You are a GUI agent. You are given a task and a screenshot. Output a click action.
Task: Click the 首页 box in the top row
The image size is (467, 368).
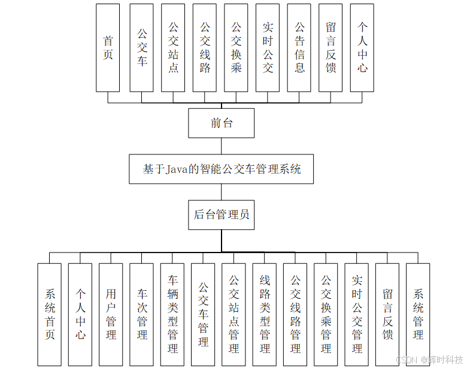pyautogui.click(x=108, y=48)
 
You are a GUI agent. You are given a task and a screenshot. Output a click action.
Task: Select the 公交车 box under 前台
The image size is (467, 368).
pyautogui.click(x=142, y=48)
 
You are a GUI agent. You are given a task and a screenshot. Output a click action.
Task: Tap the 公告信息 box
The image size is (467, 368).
pyautogui.click(x=299, y=48)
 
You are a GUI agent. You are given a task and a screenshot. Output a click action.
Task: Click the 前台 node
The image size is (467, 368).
pyautogui.click(x=222, y=123)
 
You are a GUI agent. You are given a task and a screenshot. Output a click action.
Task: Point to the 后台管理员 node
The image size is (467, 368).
pyautogui.click(x=222, y=214)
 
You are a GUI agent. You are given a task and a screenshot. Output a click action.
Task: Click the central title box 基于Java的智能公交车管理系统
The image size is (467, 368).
pyautogui.click(x=222, y=169)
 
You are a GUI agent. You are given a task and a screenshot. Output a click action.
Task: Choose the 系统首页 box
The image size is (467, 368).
pyautogui.click(x=50, y=314)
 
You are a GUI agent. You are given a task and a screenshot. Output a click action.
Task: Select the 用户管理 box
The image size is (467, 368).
pyautogui.click(x=111, y=314)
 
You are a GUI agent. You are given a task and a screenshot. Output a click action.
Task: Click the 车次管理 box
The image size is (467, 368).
pyautogui.click(x=142, y=314)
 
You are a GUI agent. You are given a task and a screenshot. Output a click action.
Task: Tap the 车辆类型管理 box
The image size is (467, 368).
pyautogui.click(x=173, y=314)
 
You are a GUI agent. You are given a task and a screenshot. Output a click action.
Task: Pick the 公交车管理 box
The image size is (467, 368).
pyautogui.click(x=204, y=314)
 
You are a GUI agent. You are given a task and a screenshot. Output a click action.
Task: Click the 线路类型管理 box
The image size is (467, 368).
pyautogui.click(x=265, y=314)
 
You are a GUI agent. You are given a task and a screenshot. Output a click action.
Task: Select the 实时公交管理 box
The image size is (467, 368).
pyautogui.click(x=357, y=314)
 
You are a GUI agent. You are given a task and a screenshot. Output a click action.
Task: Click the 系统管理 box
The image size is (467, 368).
pyautogui.click(x=418, y=314)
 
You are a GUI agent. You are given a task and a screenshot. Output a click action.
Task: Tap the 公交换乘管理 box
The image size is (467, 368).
pyautogui.click(x=326, y=314)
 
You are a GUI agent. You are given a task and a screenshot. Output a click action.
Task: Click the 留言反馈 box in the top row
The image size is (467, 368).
pyautogui.click(x=330, y=48)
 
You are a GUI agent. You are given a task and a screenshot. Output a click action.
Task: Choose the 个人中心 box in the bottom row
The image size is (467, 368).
pyautogui.click(x=80, y=314)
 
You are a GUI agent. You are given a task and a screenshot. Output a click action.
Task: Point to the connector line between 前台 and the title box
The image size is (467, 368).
pyautogui.click(x=222, y=146)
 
